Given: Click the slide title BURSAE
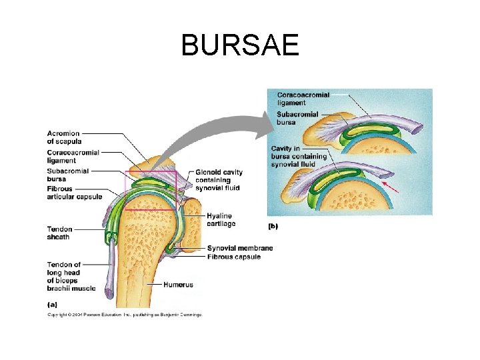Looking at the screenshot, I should tap(240, 45).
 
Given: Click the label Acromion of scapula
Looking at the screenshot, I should tap(64, 137).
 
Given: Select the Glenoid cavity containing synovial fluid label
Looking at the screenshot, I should tap(219, 180).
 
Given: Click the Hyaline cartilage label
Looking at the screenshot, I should tap(221, 221).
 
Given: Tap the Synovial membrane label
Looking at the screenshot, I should tap(240, 249).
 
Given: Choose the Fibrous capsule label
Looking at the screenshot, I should tap(234, 257).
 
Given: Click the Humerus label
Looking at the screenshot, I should tap(179, 285).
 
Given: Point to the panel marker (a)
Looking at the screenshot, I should tap(53, 304).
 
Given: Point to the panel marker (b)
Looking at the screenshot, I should tap(273, 226).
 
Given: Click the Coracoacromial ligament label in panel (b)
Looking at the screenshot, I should tap(303, 99).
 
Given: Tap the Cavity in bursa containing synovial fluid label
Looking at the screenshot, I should tap(299, 156).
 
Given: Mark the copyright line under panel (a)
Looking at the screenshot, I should tap(124, 315).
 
